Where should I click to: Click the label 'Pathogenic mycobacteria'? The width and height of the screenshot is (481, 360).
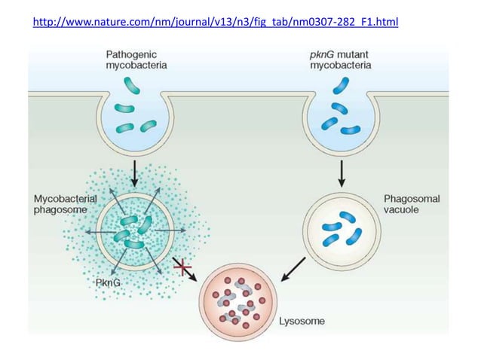coord(136,60)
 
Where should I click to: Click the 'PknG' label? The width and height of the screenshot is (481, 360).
coord(109,282)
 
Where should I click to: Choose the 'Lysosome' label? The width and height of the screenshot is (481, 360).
coord(302,322)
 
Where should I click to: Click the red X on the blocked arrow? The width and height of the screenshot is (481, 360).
coord(182,267)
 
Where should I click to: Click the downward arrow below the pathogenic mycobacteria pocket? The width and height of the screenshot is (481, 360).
coord(133,172)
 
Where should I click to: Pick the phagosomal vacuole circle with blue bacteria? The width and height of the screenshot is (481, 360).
coord(340,230)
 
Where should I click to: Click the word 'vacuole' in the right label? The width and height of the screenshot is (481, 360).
coord(403,211)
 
